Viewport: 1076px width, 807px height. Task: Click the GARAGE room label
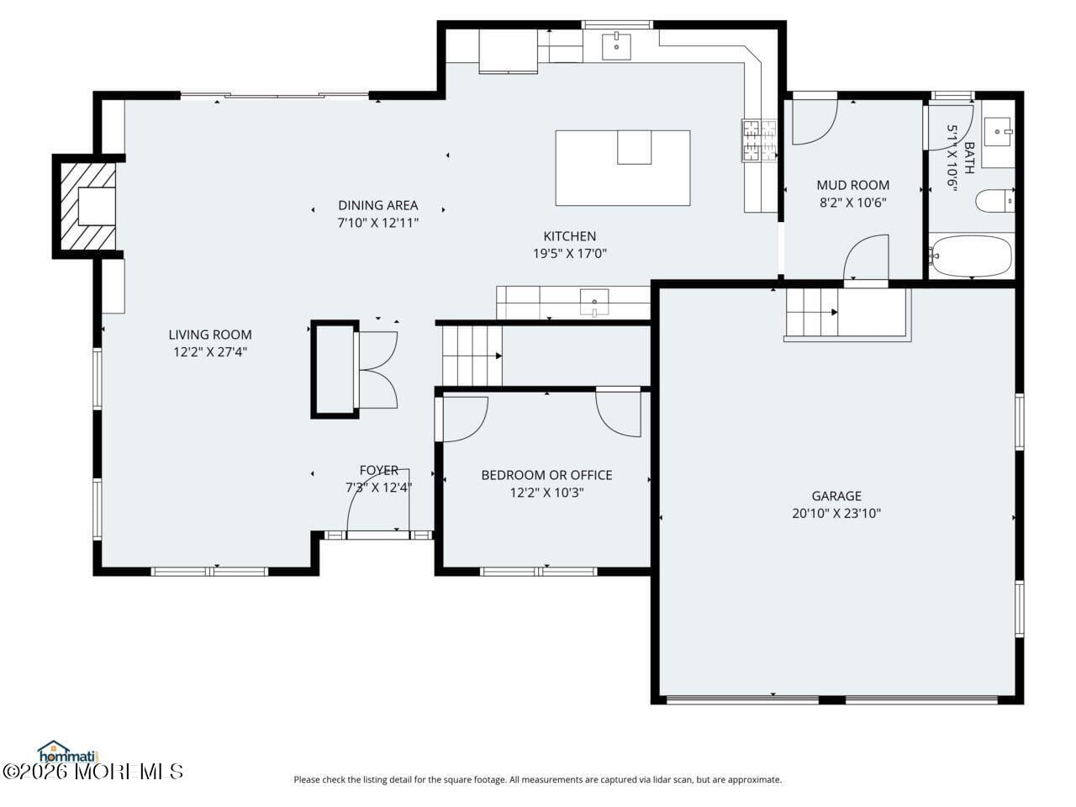[x=836, y=496]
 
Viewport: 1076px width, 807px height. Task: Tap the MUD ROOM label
[x=852, y=185]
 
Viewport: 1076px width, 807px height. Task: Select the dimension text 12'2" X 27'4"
[x=210, y=352]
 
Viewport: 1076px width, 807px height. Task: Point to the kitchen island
[x=622, y=168]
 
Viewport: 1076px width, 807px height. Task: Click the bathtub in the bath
[x=972, y=256]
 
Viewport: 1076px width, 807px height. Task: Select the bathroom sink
[x=999, y=132]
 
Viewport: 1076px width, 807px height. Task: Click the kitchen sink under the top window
[x=617, y=46]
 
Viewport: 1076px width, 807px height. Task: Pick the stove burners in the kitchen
[x=759, y=140]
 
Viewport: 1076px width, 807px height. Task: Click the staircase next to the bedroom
[x=472, y=356]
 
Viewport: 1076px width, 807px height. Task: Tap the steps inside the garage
[x=812, y=313]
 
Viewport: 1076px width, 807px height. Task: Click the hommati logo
[x=67, y=751]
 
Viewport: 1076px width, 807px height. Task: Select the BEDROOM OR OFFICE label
[x=546, y=475]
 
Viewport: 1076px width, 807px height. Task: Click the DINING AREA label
[x=377, y=205]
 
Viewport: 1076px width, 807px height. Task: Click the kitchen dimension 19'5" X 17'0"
[x=569, y=253]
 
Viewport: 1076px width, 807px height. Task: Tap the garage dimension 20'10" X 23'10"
[x=836, y=514]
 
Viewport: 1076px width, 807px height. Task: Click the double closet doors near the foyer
[x=378, y=370]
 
